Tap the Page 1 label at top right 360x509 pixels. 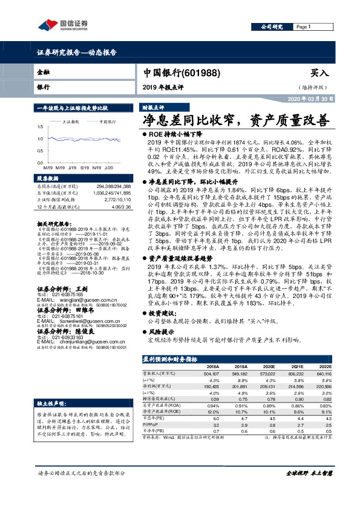pos(303,27)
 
